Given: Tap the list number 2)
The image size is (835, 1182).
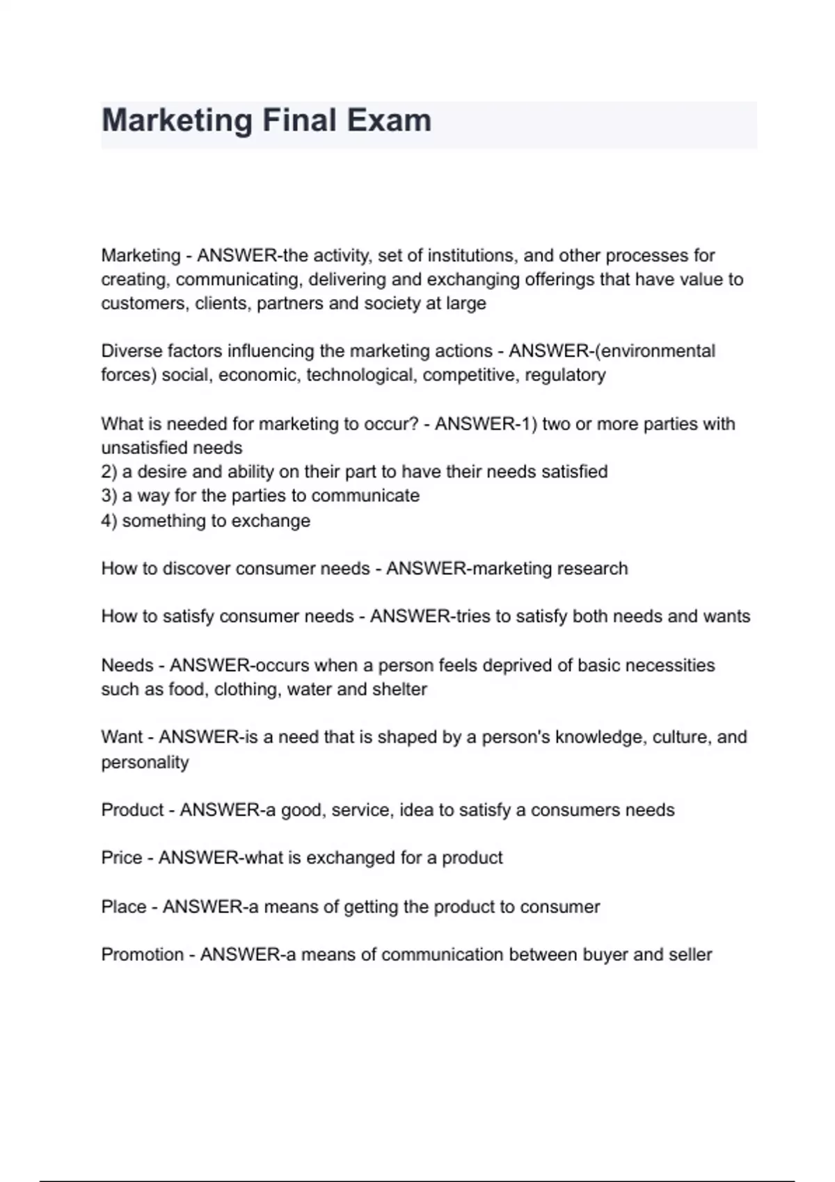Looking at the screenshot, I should [x=109, y=472].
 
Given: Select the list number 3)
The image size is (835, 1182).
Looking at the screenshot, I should [x=109, y=496].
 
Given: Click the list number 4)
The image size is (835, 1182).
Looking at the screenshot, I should [x=109, y=521].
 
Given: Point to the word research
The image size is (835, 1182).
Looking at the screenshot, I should [x=591, y=569].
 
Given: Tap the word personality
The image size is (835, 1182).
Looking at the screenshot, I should [x=145, y=763].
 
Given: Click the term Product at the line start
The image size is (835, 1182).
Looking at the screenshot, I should [x=132, y=810].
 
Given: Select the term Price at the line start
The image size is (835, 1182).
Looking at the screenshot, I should [x=122, y=858].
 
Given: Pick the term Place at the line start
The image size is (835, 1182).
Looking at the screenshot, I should [x=124, y=907].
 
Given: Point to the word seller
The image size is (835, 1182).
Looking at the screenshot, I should [x=690, y=955].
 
